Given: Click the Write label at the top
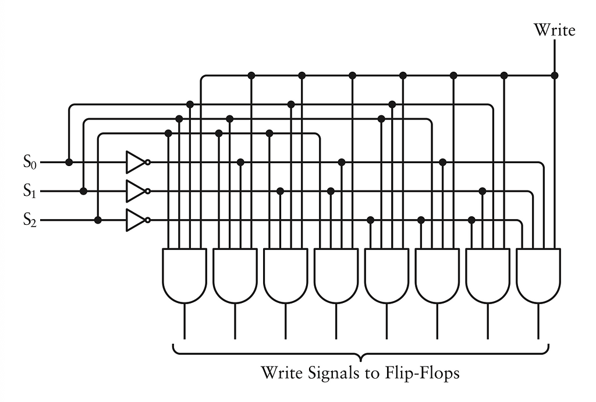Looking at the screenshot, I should pyautogui.click(x=554, y=30).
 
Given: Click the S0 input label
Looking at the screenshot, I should pyautogui.click(x=30, y=162).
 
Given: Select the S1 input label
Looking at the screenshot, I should pyautogui.click(x=30, y=191).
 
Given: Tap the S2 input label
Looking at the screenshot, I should pyautogui.click(x=30, y=220).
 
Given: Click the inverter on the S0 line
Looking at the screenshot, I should pyautogui.click(x=137, y=162).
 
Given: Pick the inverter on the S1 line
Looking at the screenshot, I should pyautogui.click(x=137, y=191).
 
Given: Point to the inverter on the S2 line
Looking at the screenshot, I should pyautogui.click(x=137, y=220).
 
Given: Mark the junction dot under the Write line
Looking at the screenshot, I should pyautogui.click(x=555, y=75).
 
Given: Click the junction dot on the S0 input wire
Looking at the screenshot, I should pyautogui.click(x=69, y=162).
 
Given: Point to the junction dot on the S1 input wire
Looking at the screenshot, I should pyautogui.click(x=84, y=191).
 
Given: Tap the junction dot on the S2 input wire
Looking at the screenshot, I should pyautogui.click(x=98, y=220).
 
